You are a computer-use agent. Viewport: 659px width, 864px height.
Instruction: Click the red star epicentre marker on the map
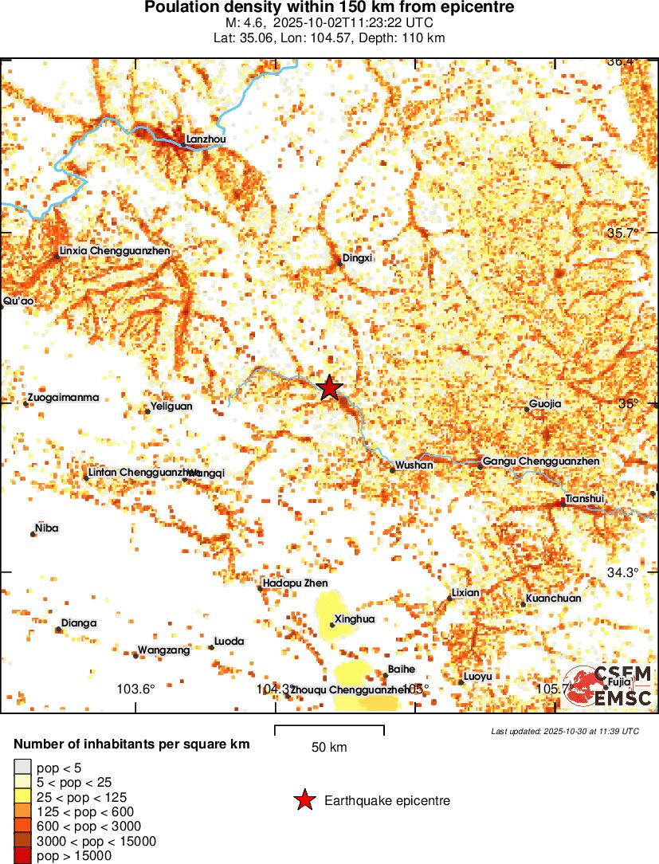pyautogui.click(x=330, y=388)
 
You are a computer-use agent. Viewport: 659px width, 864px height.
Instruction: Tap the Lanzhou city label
pyautogui.click(x=206, y=139)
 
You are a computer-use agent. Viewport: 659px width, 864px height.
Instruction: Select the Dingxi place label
pyautogui.click(x=357, y=257)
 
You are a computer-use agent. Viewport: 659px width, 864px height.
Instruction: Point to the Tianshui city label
pyautogui.click(x=584, y=499)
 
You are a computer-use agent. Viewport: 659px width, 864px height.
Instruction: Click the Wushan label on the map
pyautogui.click(x=414, y=465)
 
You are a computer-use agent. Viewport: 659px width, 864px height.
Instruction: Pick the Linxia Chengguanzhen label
pyautogui.click(x=115, y=251)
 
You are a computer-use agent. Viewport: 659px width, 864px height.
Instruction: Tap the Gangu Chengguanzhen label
pyautogui.click(x=541, y=461)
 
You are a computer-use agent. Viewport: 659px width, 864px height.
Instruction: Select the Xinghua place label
pyautogui.click(x=355, y=619)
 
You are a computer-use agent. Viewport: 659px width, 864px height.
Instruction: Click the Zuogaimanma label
pyautogui.click(x=63, y=397)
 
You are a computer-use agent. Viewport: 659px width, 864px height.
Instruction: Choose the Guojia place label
pyautogui.click(x=545, y=404)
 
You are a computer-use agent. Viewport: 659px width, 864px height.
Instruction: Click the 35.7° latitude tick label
pyautogui.click(x=623, y=234)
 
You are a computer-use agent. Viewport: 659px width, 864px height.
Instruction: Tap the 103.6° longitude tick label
pyautogui.click(x=136, y=689)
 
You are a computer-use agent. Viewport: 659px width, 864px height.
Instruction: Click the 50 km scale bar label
pyautogui.click(x=329, y=748)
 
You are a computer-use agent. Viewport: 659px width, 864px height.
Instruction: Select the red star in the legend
pyautogui.click(x=304, y=800)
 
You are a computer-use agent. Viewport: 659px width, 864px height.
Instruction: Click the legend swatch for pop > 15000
pyautogui.click(x=23, y=856)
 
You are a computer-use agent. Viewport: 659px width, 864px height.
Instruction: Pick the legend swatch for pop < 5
pyautogui.click(x=23, y=768)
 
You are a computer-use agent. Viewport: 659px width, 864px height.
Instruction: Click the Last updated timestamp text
pyautogui.click(x=565, y=731)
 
